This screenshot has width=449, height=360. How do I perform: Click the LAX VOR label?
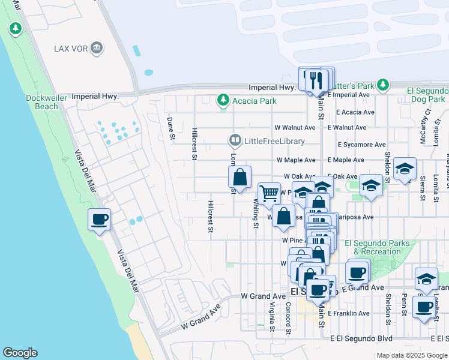click(x=71, y=48)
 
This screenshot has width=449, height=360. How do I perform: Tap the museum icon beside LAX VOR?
click(x=97, y=48)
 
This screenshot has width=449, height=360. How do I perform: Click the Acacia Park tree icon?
click(x=223, y=100)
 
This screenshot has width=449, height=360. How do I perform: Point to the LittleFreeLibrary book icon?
click(x=235, y=141)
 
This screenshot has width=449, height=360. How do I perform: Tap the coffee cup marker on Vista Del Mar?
click(x=100, y=219)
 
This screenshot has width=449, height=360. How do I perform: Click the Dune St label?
click(x=170, y=129)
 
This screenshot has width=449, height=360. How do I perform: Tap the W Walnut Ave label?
click(x=295, y=128)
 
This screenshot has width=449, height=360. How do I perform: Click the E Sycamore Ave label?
click(x=361, y=145)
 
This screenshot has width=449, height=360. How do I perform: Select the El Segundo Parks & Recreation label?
click(x=377, y=247)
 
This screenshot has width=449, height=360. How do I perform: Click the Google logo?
click(x=20, y=353)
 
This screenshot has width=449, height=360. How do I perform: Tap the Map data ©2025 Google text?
click(x=412, y=355)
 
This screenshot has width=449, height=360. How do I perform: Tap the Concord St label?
click(x=288, y=318)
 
